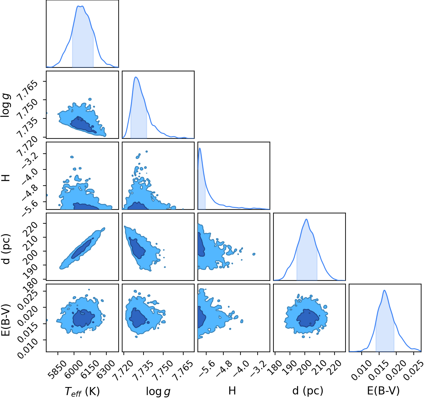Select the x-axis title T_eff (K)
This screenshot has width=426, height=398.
point(82,391)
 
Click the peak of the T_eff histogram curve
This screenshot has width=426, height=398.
point(80,6)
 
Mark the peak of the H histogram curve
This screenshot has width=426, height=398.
point(200,148)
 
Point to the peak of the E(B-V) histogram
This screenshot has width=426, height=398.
point(384,290)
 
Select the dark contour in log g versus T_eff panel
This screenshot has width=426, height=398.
point(82,125)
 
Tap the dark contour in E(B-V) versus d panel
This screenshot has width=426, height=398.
point(308,318)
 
